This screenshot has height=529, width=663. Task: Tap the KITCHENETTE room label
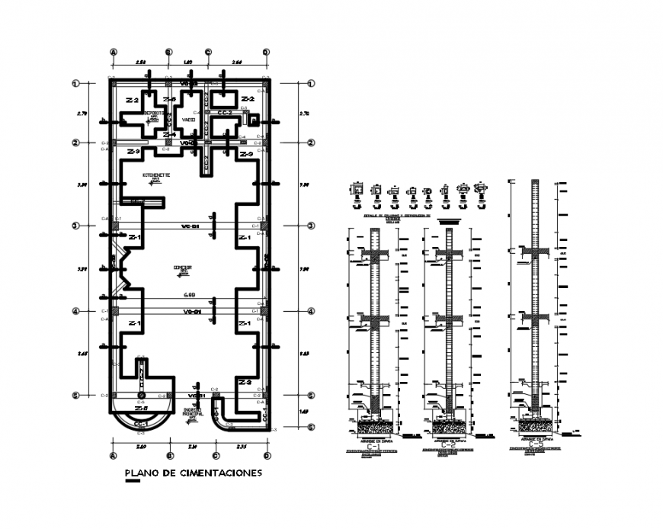155,175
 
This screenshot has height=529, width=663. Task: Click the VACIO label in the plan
189,120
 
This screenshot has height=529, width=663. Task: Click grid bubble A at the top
114,52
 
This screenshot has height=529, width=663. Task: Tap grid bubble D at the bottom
267,456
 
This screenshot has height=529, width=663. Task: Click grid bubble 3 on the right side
311,226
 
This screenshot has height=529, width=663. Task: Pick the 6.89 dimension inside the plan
188,294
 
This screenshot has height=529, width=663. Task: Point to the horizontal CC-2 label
226,113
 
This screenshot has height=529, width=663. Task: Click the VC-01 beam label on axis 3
189,226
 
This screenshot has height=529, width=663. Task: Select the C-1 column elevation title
378,447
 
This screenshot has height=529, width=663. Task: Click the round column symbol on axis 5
139,396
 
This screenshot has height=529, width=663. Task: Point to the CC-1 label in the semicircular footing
140,424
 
